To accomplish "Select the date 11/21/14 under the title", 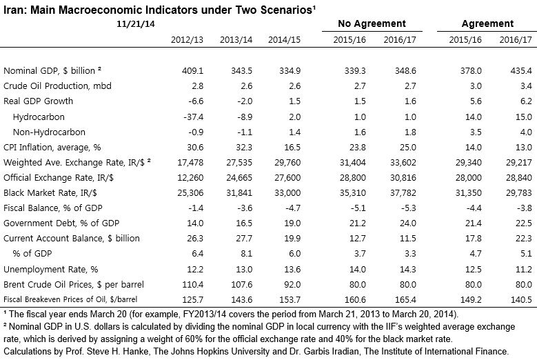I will tap(135, 23).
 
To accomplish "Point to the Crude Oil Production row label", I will tap(58, 86).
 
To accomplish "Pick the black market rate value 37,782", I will tap(401, 191).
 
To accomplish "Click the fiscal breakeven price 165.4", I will tap(403, 299).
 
